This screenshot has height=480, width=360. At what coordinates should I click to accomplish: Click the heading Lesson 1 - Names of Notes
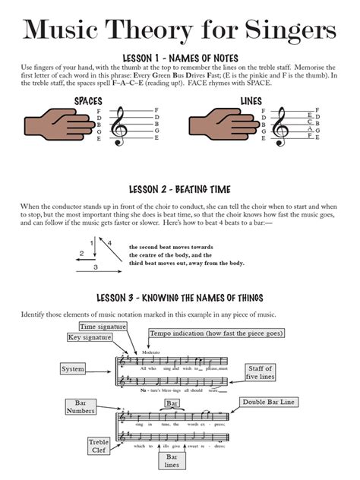[179, 58]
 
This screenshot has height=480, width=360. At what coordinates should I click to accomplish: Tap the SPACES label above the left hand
[89, 100]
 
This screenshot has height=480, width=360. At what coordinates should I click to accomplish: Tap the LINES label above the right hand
[251, 100]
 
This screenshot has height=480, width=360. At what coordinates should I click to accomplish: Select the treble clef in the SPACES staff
[119, 126]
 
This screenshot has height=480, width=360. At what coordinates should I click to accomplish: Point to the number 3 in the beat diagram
[96, 267]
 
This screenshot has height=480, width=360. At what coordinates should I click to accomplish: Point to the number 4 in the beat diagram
[109, 243]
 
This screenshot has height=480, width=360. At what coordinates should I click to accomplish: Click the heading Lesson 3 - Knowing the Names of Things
[179, 296]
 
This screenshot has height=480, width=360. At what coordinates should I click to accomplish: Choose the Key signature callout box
[90, 337]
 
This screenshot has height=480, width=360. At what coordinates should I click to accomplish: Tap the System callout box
[73, 368]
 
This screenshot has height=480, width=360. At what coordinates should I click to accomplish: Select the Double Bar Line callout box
[270, 402]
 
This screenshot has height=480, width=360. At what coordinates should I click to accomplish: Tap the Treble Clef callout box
[99, 447]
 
